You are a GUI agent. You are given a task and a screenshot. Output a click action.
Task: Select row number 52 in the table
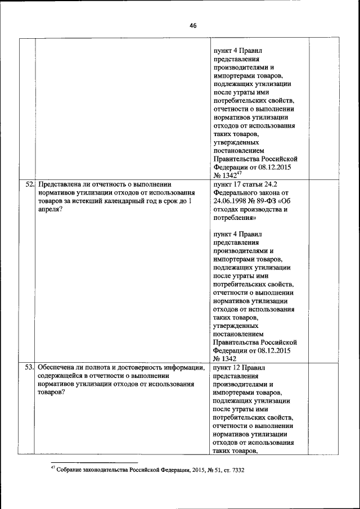pos(30,183)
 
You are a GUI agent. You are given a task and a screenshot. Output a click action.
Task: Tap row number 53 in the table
pos(30,367)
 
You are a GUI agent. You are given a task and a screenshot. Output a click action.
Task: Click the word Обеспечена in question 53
pos(57,367)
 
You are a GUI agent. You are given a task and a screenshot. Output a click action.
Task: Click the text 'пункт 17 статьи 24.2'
pos(246,183)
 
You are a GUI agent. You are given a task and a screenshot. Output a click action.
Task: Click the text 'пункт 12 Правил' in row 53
pos(239,367)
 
